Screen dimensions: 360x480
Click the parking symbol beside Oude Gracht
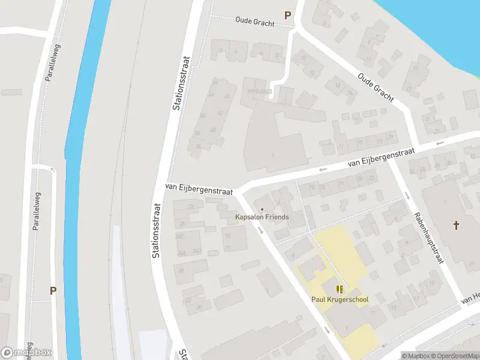pos(287,16)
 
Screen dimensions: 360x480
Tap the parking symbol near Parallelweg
pos(53,290)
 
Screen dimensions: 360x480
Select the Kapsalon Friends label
pos(262,217)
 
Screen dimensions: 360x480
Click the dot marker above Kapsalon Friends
pos(262,209)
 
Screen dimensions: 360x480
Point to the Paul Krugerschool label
pos(340,299)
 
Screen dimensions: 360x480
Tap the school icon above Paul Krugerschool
pos(340,289)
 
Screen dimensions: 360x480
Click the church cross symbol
pos(456,226)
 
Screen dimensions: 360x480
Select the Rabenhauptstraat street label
pos(430,238)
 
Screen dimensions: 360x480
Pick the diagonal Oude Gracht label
pos(376,87)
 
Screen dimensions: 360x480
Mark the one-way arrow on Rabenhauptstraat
pos(407,196)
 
